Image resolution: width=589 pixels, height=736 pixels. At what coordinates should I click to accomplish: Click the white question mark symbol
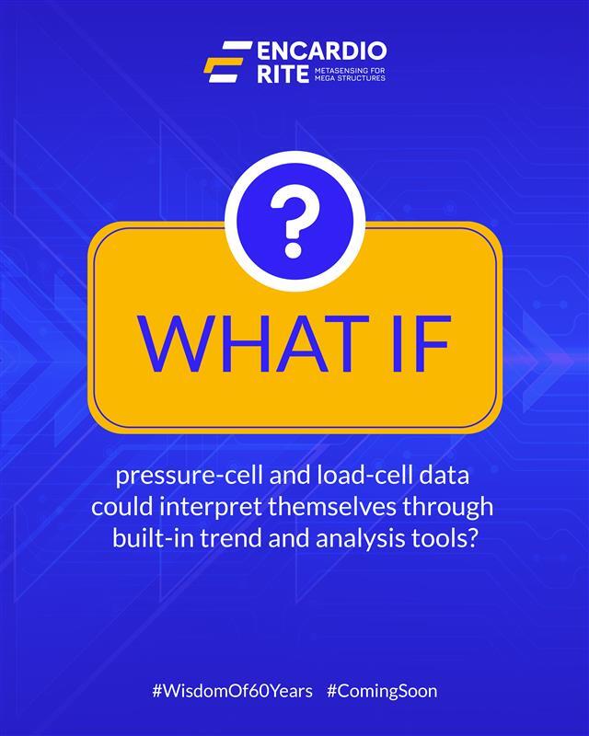[294, 224]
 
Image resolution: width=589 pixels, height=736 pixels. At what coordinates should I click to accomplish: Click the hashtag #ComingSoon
[382, 690]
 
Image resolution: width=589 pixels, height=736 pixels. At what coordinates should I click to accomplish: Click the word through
[457, 507]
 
